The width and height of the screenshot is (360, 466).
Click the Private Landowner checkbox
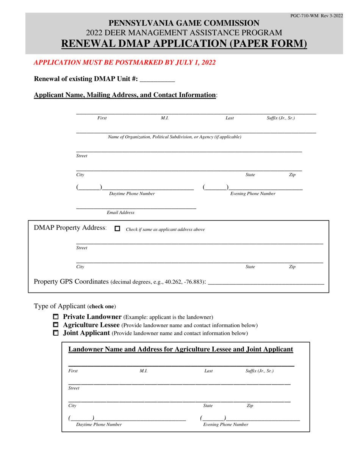pyautogui.click(x=56, y=317)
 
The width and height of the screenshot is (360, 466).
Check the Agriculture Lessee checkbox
pyautogui.click(x=56, y=325)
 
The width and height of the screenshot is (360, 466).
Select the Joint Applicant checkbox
pyautogui.click(x=56, y=333)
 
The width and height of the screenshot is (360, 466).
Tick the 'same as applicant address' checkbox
pyautogui.click(x=117, y=229)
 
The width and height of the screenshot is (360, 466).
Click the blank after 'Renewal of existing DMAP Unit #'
pyautogui.click(x=157, y=80)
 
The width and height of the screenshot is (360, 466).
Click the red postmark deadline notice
pyautogui.click(x=125, y=63)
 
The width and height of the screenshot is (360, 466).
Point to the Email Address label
pyautogui.click(x=121, y=213)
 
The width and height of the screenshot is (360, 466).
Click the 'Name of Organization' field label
pyautogui.click(x=174, y=137)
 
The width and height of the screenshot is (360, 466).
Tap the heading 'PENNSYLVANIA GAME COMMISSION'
pyautogui.click(x=184, y=23)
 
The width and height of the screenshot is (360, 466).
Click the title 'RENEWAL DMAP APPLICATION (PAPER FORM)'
pyautogui.click(x=184, y=44)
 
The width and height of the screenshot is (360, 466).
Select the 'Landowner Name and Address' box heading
pyautogui.click(x=180, y=349)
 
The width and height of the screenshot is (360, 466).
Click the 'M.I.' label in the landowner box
pyautogui.click(x=143, y=371)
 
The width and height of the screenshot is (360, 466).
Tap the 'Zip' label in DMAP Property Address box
pyautogui.click(x=292, y=267)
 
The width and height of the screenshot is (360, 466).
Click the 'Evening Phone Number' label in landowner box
pyautogui.click(x=226, y=425)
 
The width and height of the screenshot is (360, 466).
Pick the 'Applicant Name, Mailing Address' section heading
pyautogui.click(x=125, y=95)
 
